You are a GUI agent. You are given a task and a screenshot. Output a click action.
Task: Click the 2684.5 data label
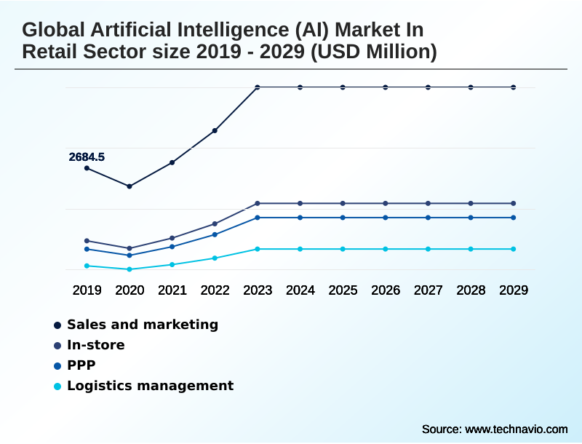point(87,156)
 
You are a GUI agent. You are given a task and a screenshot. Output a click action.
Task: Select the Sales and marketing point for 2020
point(129,186)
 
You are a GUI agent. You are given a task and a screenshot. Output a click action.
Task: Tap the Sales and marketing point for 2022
point(215,131)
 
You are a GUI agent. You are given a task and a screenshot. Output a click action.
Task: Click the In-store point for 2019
point(87,240)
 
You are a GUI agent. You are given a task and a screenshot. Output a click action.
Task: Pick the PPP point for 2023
point(258,218)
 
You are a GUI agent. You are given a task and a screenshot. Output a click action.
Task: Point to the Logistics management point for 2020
point(129,269)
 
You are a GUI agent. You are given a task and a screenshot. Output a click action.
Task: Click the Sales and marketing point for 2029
point(514,87)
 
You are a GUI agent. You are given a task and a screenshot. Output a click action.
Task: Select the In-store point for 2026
point(386,203)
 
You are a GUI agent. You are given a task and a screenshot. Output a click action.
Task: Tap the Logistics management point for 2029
point(514,249)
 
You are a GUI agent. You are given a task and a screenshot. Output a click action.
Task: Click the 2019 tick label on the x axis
point(87,290)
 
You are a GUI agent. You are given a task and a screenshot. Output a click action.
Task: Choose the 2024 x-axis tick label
point(300,290)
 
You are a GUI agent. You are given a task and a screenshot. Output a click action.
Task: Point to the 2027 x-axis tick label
point(428,290)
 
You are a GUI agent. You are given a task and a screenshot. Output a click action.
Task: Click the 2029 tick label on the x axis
point(514,290)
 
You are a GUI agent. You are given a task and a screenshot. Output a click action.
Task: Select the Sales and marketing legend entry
point(143,325)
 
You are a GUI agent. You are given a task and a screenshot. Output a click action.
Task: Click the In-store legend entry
point(96,345)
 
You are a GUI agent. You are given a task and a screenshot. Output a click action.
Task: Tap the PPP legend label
point(81,365)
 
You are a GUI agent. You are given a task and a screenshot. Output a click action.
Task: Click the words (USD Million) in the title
point(374,52)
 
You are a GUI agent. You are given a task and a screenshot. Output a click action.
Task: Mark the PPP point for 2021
point(172,247)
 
